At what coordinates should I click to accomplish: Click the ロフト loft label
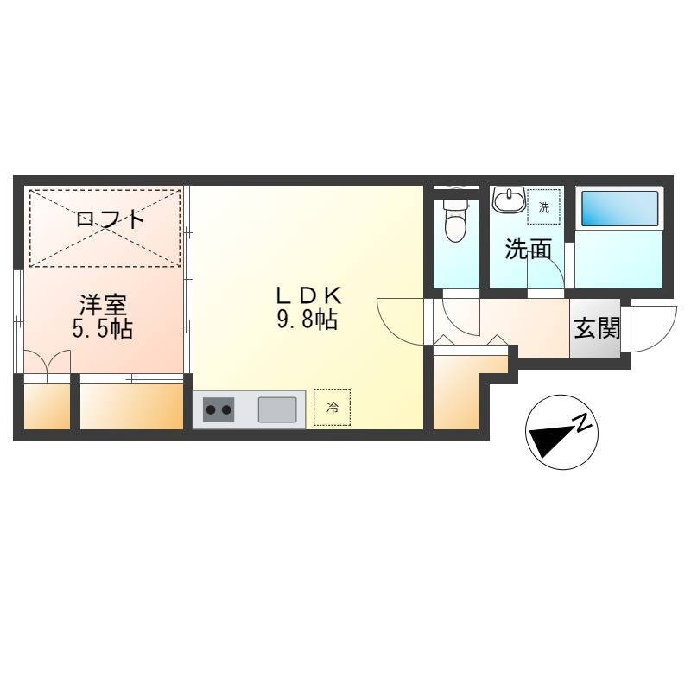pos(111,219)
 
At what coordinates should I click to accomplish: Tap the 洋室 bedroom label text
pos(103,305)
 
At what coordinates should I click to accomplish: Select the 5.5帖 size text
pos(103,328)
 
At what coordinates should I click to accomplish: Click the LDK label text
pos(308,295)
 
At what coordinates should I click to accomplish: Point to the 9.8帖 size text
pos(307,320)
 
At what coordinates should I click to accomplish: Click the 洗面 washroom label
pos(528,249)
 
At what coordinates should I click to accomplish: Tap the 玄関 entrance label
pos(597,328)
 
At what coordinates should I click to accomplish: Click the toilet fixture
pos(456,221)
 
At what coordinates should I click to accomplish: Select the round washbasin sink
pos(509,200)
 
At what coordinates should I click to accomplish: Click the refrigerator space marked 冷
pos(333,408)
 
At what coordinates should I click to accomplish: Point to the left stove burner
pos(211,410)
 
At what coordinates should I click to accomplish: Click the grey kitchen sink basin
pos(277,409)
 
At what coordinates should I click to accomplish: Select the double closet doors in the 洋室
pos(48,361)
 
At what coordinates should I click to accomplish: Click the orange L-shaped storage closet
pos(463,388)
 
